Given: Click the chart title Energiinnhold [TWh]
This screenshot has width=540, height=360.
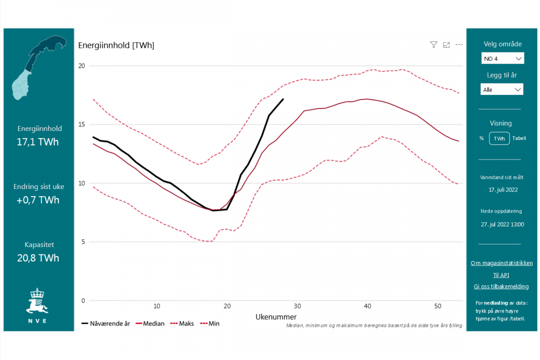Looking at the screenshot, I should coord(116,45).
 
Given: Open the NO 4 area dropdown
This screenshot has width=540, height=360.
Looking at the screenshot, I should coord(502,58).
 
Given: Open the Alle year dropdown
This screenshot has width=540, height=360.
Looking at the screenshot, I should coord(502,89).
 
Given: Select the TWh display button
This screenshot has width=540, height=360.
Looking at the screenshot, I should coord(499,138).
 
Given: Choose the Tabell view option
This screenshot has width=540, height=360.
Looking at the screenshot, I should coord(519,138).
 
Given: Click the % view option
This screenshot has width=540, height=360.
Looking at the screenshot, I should coord(481,138).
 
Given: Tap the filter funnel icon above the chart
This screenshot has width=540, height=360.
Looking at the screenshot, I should coord(433,44).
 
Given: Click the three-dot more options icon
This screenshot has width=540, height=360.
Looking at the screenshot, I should coord(459,44).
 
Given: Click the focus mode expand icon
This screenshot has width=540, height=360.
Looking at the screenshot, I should coord(446,44).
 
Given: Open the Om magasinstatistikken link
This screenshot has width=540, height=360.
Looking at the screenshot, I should coord(501,263).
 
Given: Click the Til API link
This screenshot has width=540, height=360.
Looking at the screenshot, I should coord(501,275).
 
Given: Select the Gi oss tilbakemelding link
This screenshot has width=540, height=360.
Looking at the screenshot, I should coord(501,286).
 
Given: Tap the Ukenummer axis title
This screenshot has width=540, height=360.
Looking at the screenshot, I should coord(276,317).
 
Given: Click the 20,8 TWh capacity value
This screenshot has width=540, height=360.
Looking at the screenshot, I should coord(38,258).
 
